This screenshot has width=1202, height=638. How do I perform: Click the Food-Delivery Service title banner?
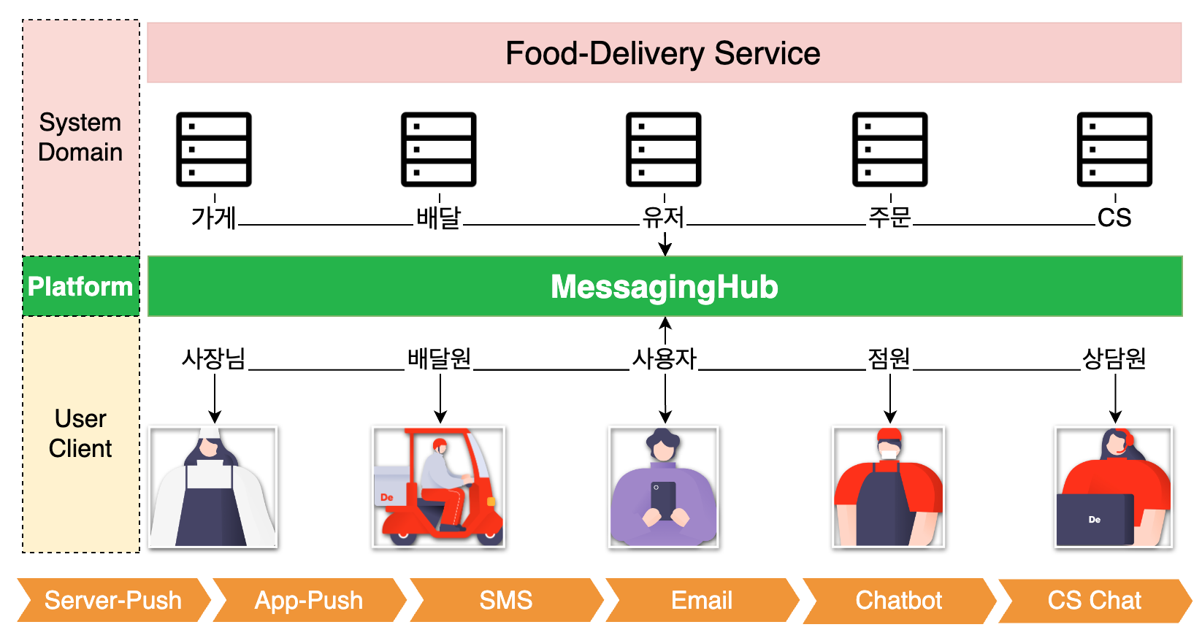click(663, 53)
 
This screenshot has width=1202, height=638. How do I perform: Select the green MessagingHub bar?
click(663, 286)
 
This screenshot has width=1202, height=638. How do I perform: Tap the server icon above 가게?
click(214, 149)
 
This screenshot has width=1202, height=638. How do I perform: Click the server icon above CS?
click(1114, 149)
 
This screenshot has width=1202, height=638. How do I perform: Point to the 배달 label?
click(438, 218)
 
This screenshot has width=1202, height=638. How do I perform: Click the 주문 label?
click(889, 218)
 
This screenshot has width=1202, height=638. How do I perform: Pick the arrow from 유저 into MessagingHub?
click(665, 243)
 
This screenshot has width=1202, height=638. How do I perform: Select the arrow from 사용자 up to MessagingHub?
click(665, 331)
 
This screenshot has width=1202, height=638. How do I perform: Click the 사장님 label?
click(214, 358)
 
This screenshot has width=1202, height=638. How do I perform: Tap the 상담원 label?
click(1114, 358)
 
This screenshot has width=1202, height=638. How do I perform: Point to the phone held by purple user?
click(663, 500)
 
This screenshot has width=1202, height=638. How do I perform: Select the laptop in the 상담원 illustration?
click(1095, 519)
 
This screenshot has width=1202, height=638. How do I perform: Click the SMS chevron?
click(505, 601)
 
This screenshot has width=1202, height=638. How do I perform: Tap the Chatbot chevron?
click(898, 601)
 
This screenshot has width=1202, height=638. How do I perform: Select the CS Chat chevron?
click(1094, 601)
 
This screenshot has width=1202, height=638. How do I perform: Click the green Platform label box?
click(80, 286)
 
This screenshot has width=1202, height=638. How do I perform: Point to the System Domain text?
click(80, 137)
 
